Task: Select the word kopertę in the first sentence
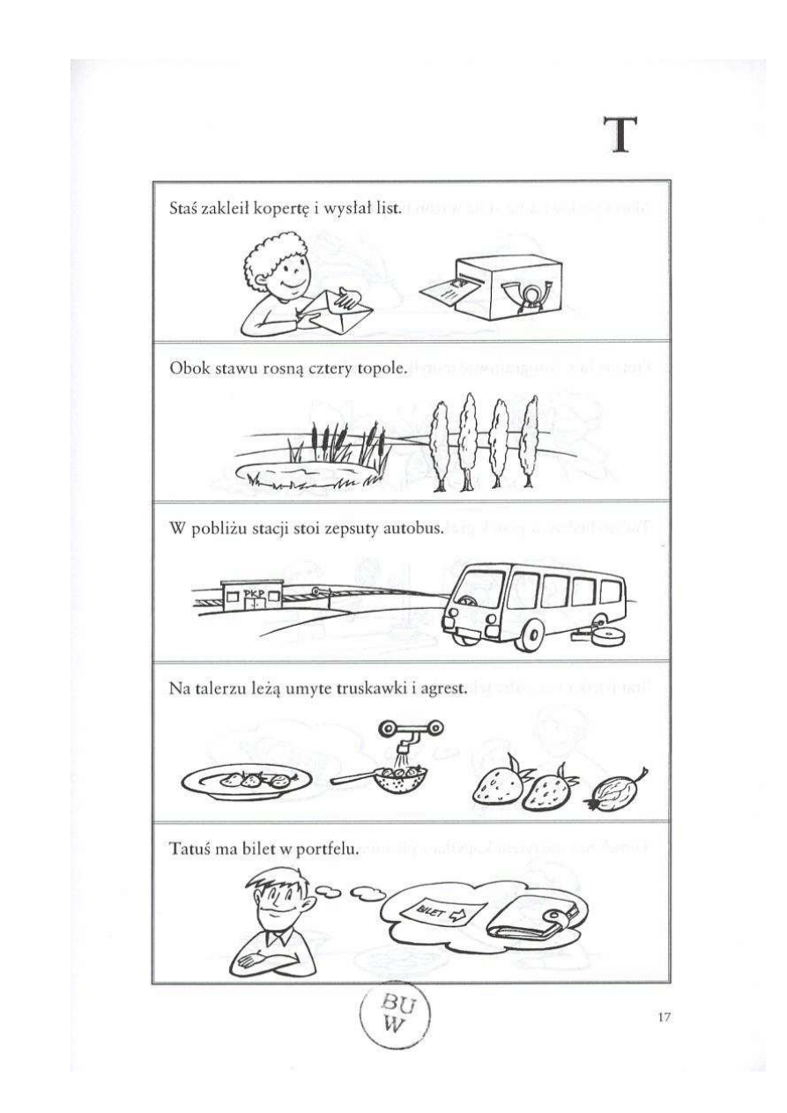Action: [282, 209]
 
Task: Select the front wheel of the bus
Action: [531, 635]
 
